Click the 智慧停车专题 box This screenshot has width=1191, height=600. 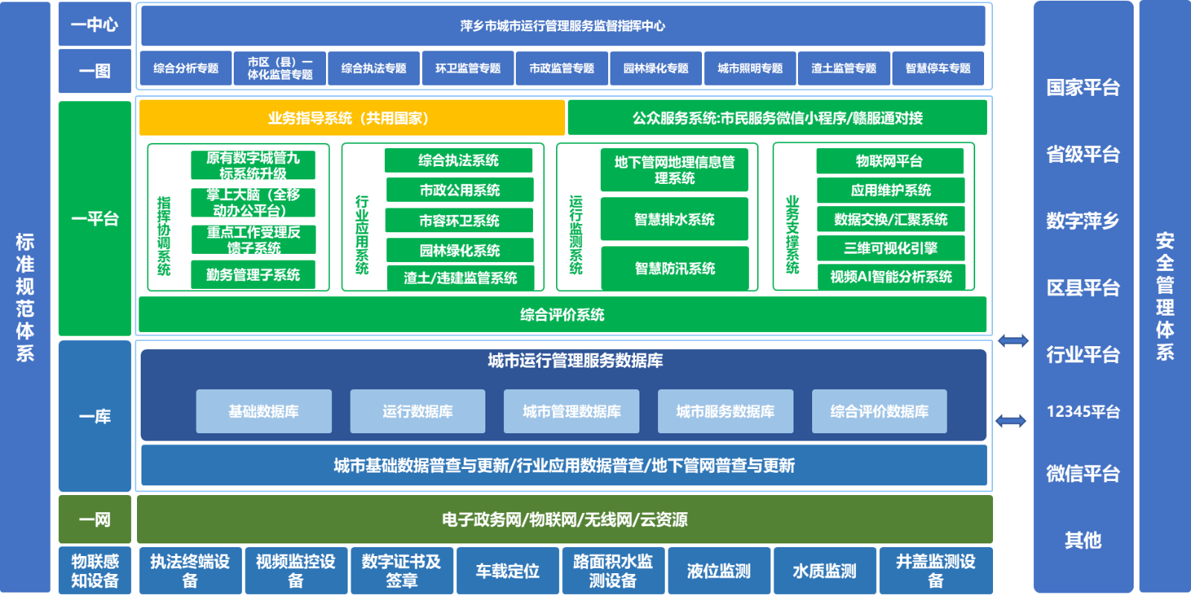coord(938,68)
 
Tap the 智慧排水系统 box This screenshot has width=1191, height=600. coord(674,219)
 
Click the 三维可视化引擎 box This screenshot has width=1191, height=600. coord(890,248)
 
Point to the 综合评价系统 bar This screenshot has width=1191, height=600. coord(562,315)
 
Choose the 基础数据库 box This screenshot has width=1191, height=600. coord(264,411)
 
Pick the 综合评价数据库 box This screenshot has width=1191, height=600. coord(879,411)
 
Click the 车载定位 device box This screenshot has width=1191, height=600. coord(508,571)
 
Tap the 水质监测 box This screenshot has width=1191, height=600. coord(825,571)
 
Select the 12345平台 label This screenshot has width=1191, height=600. coord(1083,412)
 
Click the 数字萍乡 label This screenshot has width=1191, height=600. coord(1083,221)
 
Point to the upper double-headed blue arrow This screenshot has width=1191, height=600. coord(1013,341)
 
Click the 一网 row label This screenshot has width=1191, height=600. coord(95,520)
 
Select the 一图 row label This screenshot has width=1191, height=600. coord(95,71)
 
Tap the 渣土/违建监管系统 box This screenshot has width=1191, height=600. coord(460,278)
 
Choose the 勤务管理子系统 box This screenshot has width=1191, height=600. coord(253,275)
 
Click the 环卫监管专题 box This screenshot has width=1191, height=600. coord(467,68)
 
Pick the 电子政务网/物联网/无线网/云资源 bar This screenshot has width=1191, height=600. coord(564,520)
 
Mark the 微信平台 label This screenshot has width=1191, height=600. coord(1083,473)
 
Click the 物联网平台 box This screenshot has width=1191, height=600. coord(890,161)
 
